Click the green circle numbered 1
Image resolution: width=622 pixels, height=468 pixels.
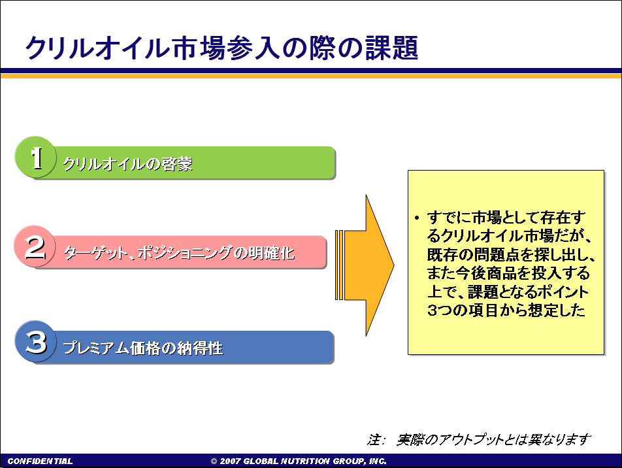35,157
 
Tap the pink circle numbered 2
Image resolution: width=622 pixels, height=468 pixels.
35,246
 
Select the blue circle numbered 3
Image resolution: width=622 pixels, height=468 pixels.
35,341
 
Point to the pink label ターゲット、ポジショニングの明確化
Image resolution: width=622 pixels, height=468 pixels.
179,253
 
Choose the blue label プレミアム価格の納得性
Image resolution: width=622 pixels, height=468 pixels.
143,348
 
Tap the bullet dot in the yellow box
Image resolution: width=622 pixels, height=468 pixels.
417,218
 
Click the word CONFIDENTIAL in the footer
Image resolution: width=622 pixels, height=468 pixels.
40,461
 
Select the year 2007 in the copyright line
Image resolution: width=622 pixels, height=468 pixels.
229,461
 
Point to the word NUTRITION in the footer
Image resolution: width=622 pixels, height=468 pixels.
305,461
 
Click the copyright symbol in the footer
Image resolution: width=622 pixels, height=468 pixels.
214,461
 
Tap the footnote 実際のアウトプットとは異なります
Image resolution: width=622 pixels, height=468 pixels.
493,439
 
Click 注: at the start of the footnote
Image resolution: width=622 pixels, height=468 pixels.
375,439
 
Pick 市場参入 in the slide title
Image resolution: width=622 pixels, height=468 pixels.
225,48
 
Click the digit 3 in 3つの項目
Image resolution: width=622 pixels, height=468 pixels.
432,310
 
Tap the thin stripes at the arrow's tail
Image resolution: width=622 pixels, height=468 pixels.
339,265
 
